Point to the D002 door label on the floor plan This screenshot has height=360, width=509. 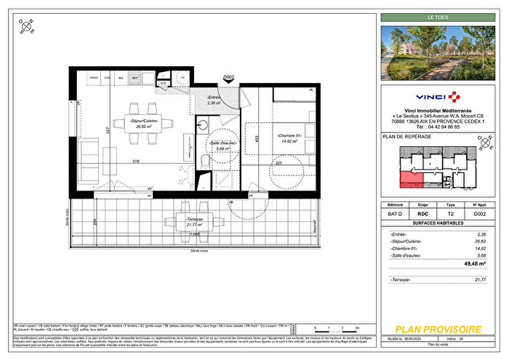pyautogui.click(x=228, y=76)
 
